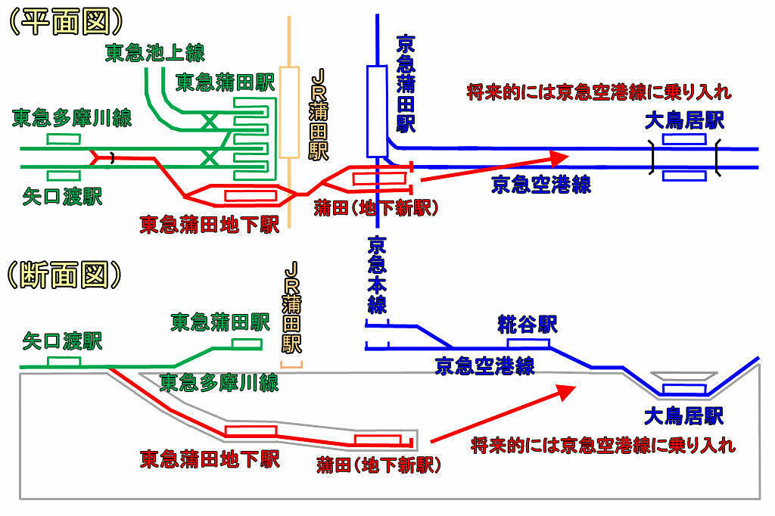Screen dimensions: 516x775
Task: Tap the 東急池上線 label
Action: click(x=154, y=53)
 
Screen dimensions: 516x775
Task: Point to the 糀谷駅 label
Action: click(x=528, y=325)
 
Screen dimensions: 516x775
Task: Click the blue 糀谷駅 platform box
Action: click(x=528, y=343)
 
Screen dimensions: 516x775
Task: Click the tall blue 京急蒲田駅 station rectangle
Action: click(x=376, y=110)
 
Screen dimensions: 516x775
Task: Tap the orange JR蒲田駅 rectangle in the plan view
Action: click(x=288, y=112)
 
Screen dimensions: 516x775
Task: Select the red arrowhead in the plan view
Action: click(x=558, y=158)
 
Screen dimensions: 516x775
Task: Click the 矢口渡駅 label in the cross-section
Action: click(x=62, y=340)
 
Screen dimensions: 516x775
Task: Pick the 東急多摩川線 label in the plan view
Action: click(x=72, y=118)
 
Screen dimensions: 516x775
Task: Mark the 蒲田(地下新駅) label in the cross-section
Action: click(x=378, y=464)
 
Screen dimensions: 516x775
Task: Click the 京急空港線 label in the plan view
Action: click(x=541, y=185)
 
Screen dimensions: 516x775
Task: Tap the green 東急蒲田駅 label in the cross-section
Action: click(x=219, y=323)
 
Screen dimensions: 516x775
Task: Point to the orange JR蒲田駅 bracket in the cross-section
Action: click(x=291, y=365)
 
